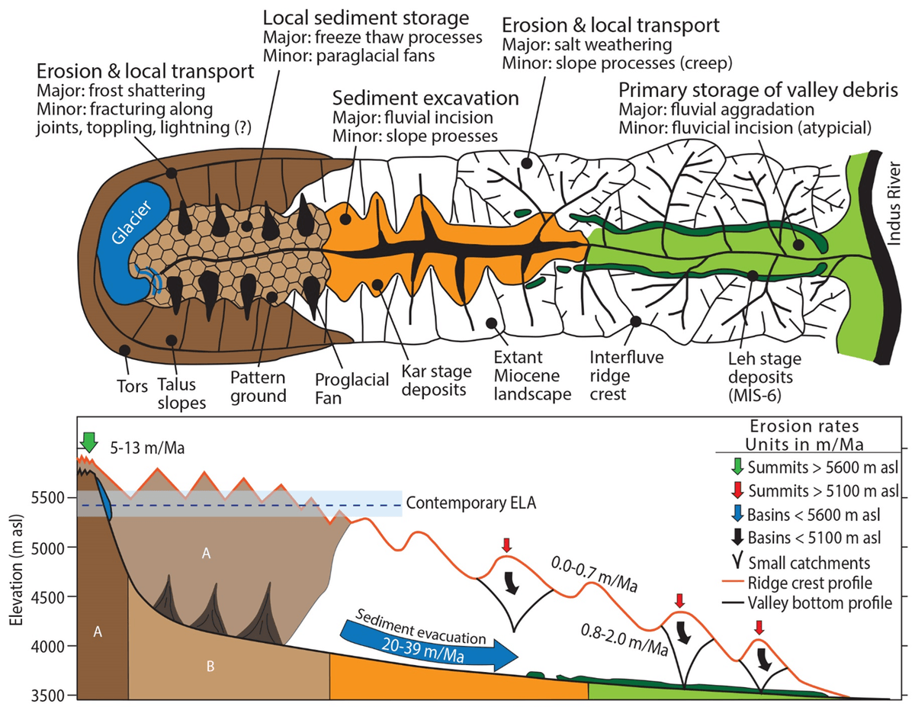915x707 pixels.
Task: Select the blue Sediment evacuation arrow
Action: (428, 644)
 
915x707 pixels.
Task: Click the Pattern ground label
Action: (259, 386)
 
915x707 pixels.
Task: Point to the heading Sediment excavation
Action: (426, 98)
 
